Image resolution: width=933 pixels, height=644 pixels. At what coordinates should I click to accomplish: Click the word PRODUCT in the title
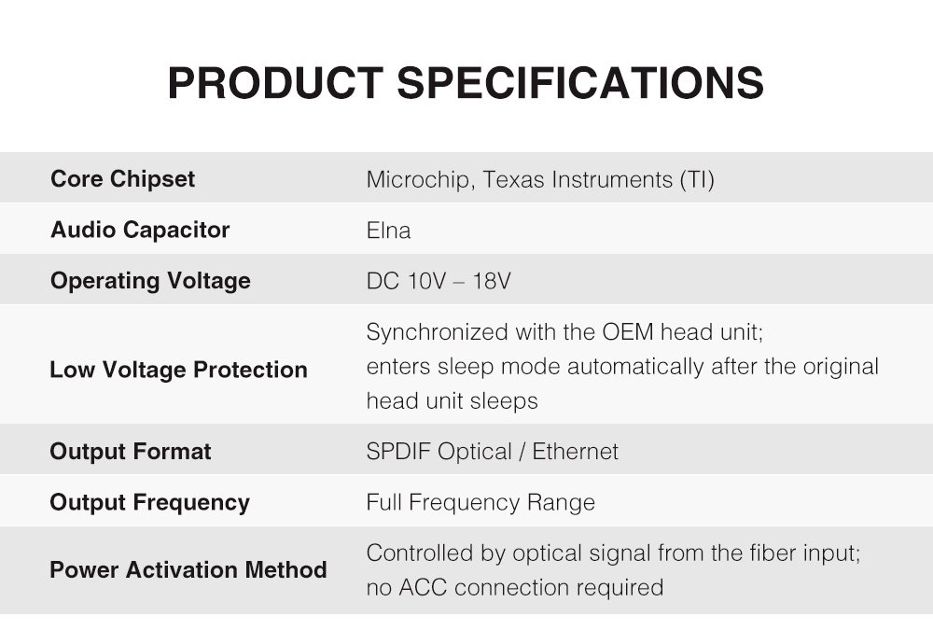tap(275, 83)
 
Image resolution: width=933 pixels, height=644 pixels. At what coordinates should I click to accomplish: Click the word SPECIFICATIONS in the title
tap(580, 83)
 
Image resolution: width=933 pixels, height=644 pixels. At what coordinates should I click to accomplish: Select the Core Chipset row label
tap(122, 179)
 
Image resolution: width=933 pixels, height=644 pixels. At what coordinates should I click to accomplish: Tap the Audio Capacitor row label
tap(140, 230)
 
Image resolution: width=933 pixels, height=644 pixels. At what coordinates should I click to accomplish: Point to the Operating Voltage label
tap(150, 281)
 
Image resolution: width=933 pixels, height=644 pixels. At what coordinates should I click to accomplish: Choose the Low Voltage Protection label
tap(178, 370)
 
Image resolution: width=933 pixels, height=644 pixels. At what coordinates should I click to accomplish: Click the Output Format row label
tap(131, 451)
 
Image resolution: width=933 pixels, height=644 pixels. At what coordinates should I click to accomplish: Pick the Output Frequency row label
tap(150, 502)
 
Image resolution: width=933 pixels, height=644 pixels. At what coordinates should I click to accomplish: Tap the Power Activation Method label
tap(188, 569)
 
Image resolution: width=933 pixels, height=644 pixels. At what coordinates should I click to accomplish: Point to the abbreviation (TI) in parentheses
tap(697, 180)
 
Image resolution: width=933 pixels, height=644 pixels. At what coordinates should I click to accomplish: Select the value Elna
tap(388, 231)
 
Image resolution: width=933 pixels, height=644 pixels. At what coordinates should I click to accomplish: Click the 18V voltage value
tap(492, 281)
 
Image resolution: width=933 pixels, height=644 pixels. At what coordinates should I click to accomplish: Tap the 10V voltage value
tap(426, 281)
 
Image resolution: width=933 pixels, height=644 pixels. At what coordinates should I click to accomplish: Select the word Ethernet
tap(576, 451)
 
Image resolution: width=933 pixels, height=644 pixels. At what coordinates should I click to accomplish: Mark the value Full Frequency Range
tap(480, 502)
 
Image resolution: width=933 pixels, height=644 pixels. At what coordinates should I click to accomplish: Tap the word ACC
tap(423, 587)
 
